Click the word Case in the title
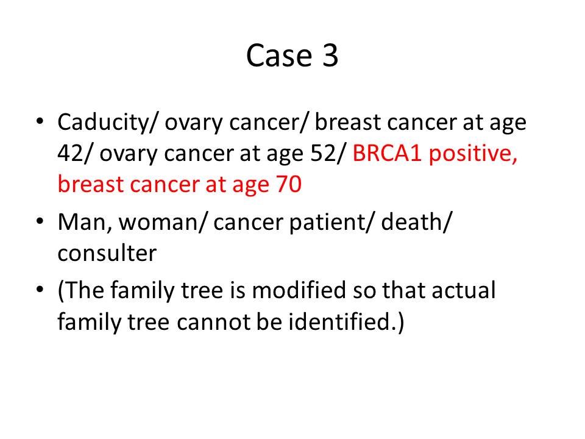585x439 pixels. coord(279,55)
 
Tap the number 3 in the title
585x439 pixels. coord(330,55)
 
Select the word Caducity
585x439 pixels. coord(103,123)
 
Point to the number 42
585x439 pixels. coord(71,153)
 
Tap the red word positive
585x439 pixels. coord(473,154)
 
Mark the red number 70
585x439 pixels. coord(289,184)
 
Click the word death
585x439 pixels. coord(413,222)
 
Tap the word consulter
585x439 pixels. coord(107,253)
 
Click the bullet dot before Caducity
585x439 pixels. coord(40,122)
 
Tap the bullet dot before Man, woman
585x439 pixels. coord(40,221)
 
